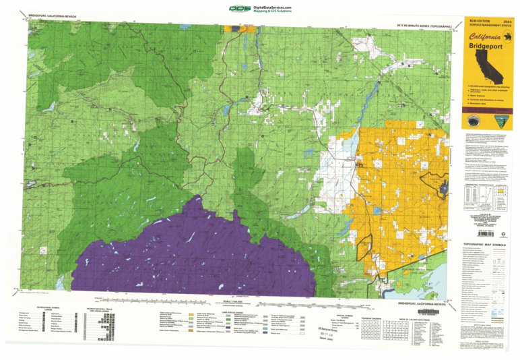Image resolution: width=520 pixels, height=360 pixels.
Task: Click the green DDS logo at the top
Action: tap(238, 9)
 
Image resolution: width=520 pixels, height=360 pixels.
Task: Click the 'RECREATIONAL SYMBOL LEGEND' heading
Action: tap(48, 311)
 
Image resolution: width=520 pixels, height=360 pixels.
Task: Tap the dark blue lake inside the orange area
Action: tap(444, 185)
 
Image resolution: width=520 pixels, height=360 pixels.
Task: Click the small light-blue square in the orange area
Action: tap(377, 211)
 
